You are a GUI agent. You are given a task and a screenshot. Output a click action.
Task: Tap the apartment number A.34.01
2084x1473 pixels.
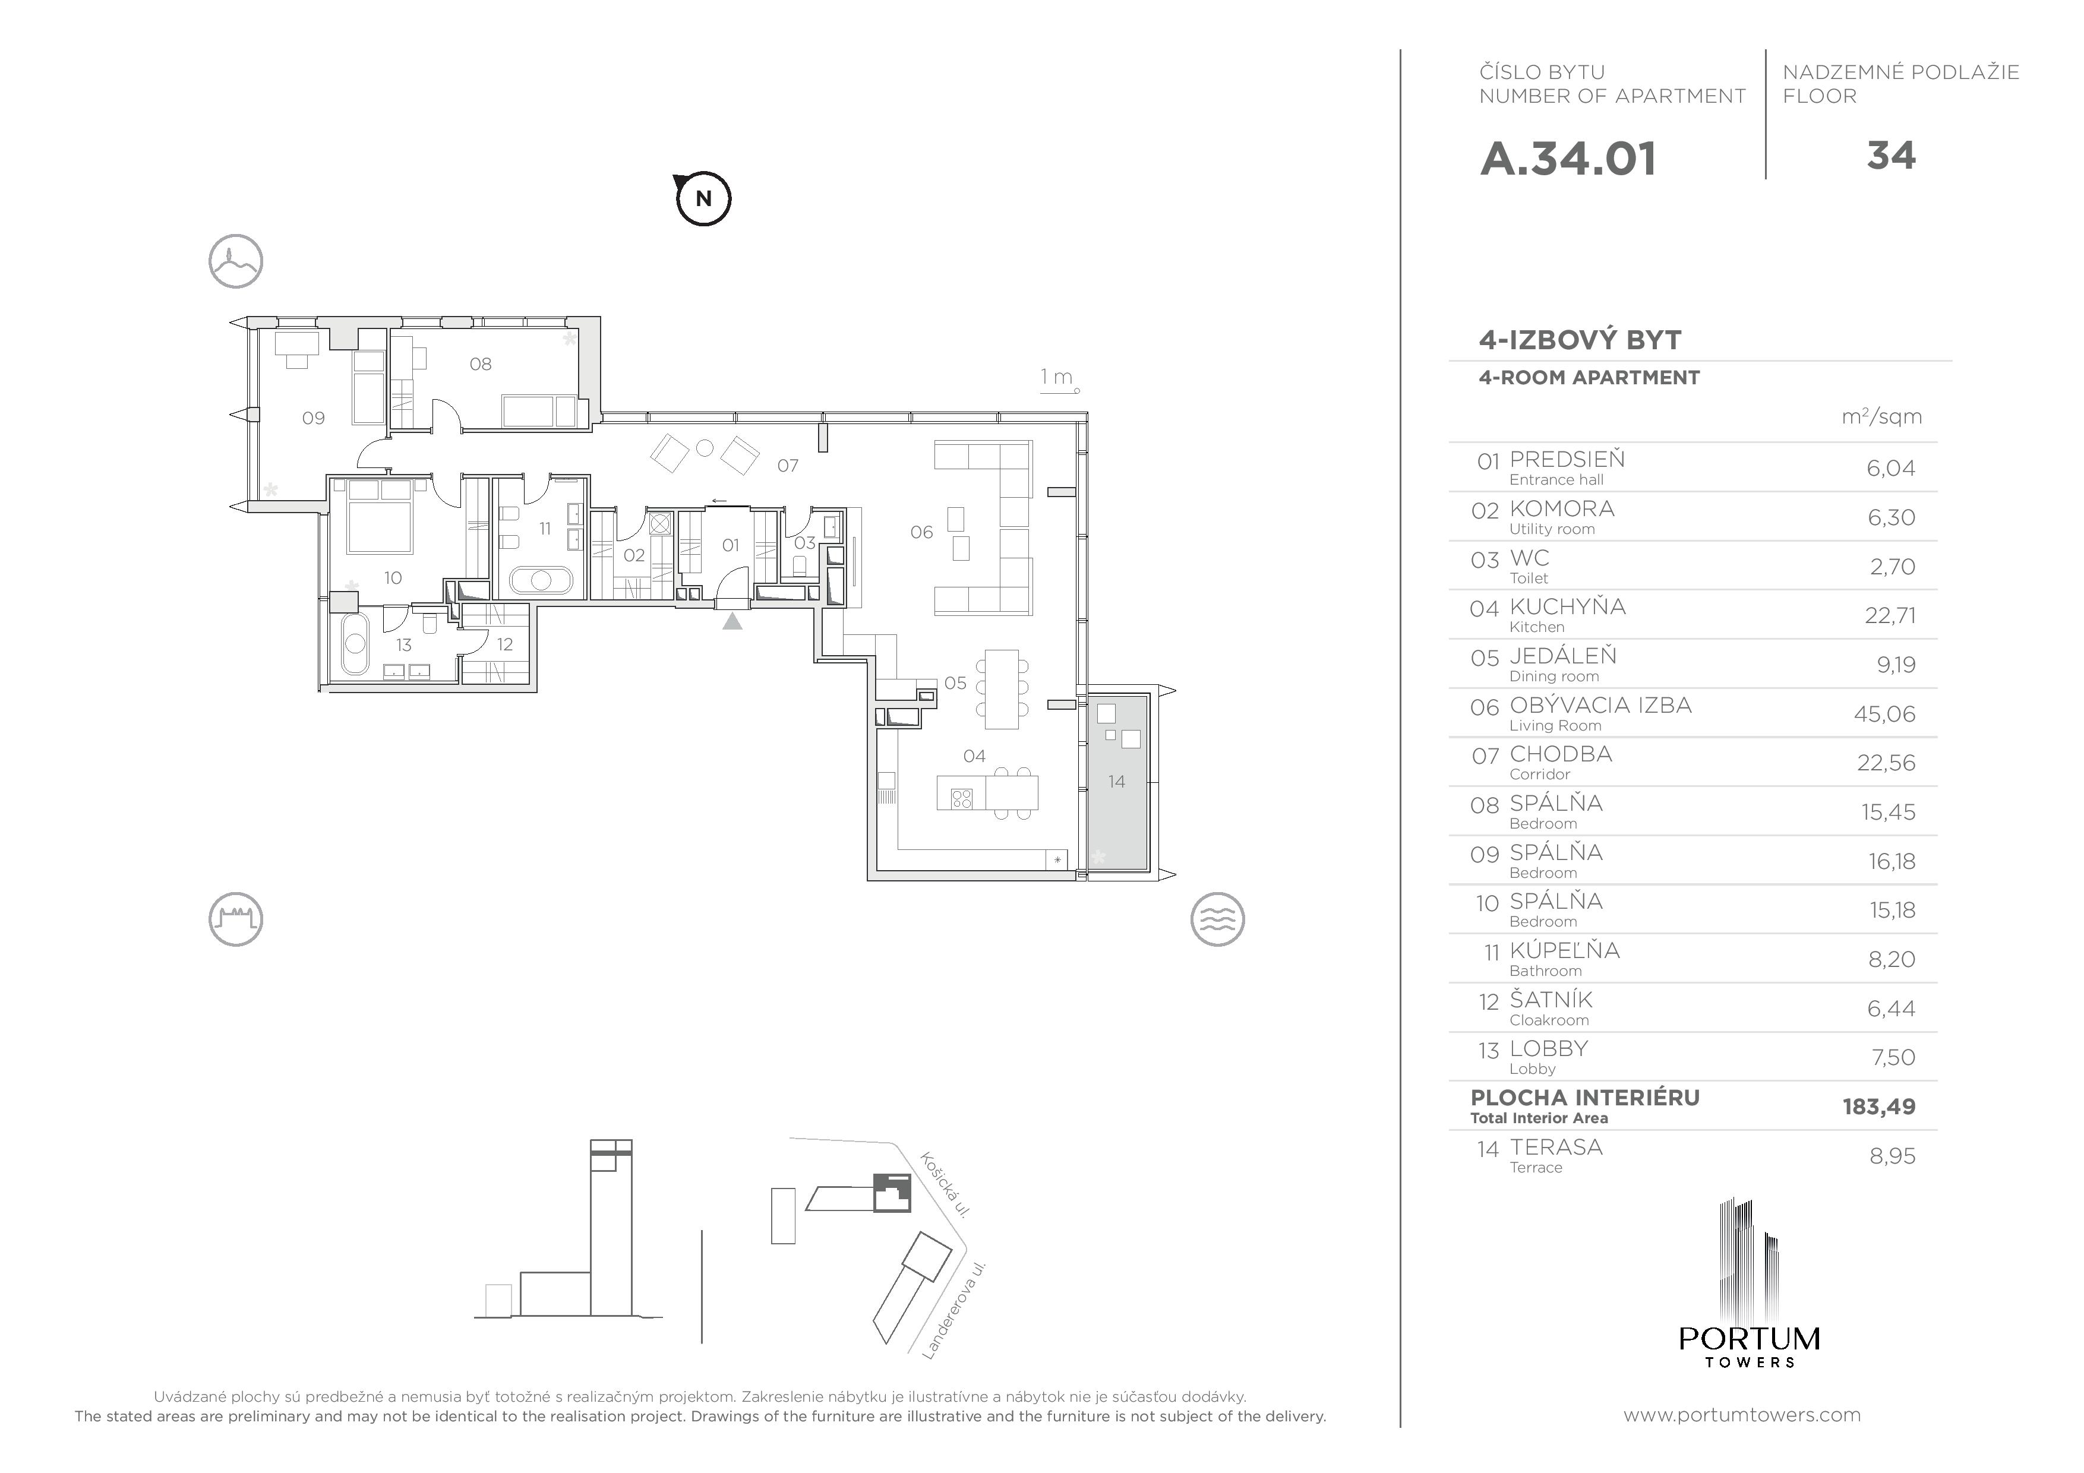pyautogui.click(x=1568, y=159)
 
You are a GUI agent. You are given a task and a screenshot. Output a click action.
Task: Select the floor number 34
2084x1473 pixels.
pyautogui.click(x=1891, y=156)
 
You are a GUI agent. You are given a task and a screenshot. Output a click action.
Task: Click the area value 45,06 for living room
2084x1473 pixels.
pyautogui.click(x=1884, y=715)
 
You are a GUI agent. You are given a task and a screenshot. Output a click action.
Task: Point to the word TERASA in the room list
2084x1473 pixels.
pyautogui.click(x=1556, y=1147)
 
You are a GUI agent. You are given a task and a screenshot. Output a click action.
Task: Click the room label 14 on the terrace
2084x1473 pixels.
pyautogui.click(x=1116, y=782)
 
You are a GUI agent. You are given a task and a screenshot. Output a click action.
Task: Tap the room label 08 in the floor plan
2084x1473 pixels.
pyautogui.click(x=480, y=364)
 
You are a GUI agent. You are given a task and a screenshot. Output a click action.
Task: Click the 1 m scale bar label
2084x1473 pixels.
pyautogui.click(x=1056, y=377)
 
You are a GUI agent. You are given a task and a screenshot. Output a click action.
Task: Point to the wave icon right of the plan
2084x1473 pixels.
pyautogui.click(x=1217, y=919)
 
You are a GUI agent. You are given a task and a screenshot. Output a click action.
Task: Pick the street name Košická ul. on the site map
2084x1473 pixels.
pyautogui.click(x=946, y=1184)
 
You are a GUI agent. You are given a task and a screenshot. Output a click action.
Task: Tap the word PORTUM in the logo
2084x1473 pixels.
pyautogui.click(x=1749, y=1339)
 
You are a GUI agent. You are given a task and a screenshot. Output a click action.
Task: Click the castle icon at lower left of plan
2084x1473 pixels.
pyautogui.click(x=236, y=919)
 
